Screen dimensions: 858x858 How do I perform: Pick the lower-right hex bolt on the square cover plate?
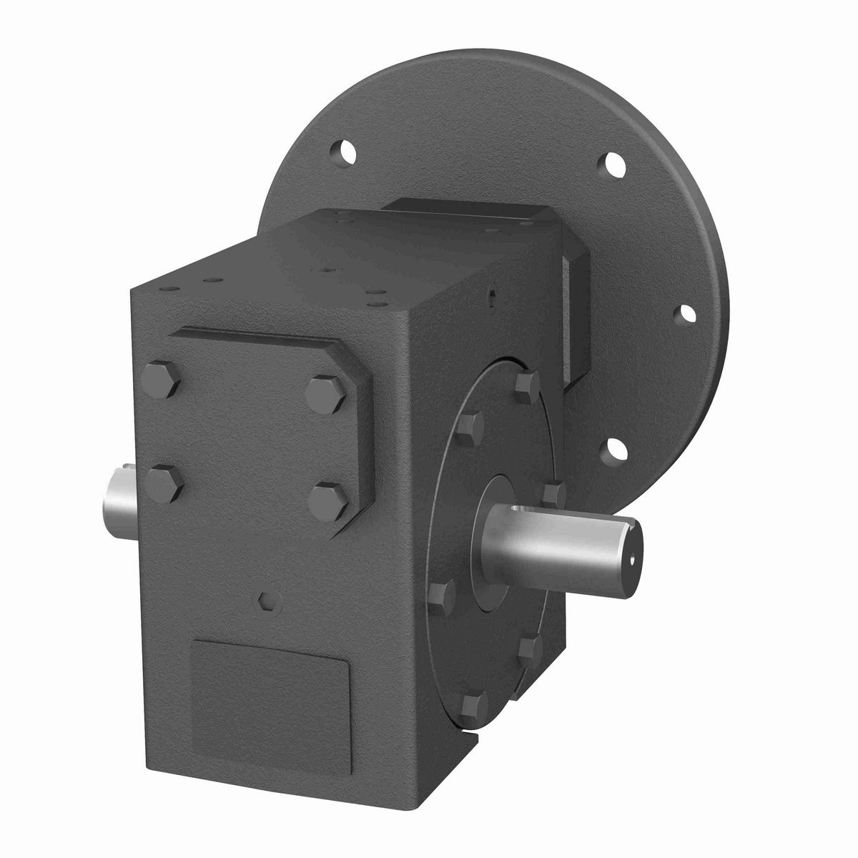pyautogui.click(x=330, y=498)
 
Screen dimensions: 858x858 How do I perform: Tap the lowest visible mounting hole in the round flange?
pyautogui.click(x=615, y=448)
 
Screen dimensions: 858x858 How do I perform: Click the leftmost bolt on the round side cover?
pyautogui.click(x=443, y=593)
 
